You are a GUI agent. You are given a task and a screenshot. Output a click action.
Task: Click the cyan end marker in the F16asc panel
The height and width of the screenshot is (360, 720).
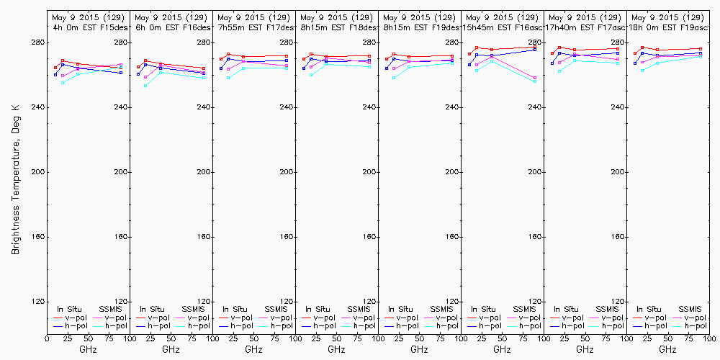535,81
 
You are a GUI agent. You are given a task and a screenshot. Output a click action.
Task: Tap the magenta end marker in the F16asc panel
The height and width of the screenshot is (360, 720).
535,78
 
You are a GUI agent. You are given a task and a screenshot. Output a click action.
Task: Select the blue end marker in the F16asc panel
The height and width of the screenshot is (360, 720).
535,50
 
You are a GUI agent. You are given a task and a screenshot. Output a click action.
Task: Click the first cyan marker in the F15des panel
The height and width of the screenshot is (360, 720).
63,83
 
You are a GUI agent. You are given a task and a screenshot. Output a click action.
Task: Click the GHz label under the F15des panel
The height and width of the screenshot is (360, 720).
88,349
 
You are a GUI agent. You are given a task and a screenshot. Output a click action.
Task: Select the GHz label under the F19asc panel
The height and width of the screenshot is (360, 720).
667,349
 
